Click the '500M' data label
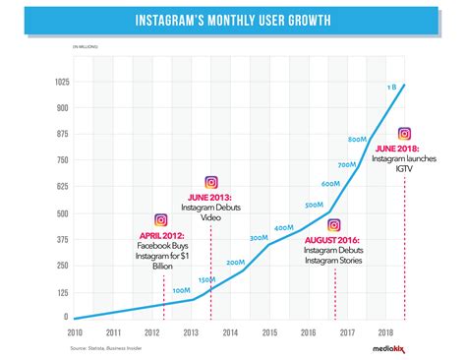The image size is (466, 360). [315, 205]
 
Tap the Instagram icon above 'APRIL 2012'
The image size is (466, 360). [161, 220]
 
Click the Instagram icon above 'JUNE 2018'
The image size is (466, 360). [404, 134]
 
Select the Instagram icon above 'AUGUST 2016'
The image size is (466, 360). [334, 225]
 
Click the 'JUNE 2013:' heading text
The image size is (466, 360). [210, 198]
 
